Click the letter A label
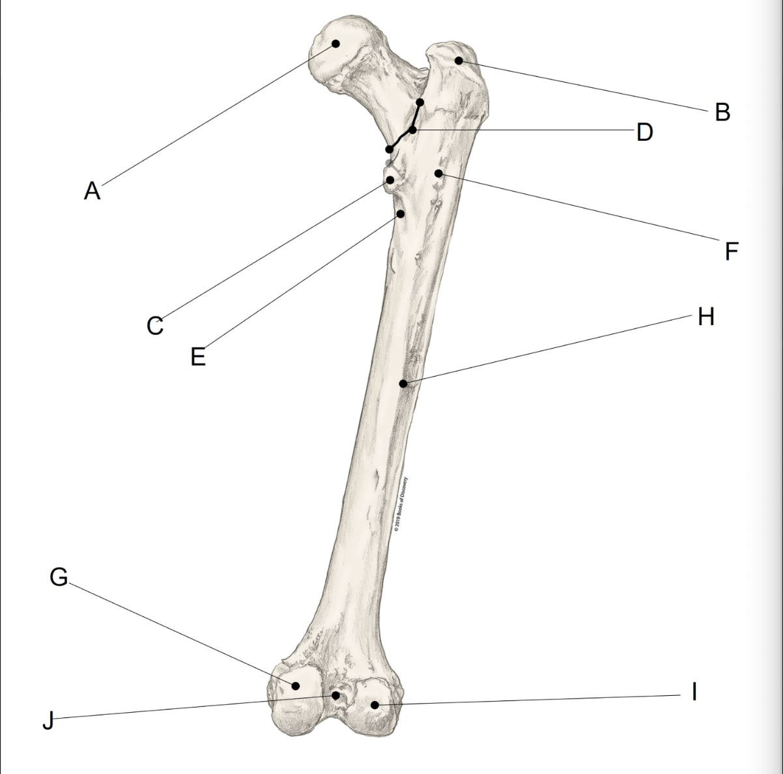tap(93, 191)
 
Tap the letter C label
tap(155, 325)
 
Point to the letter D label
tap(644, 132)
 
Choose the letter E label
tap(198, 356)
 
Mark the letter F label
tap(732, 251)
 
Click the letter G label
tap(59, 577)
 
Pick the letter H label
tap(706, 317)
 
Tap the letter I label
tap(694, 691)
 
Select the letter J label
tap(47, 721)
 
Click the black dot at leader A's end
tap(336, 44)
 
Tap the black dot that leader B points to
tap(459, 61)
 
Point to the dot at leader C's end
tap(390, 180)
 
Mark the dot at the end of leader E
tap(401, 213)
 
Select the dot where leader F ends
tap(439, 173)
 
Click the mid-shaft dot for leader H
tap(404, 383)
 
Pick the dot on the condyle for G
tap(295, 685)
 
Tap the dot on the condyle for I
tap(375, 704)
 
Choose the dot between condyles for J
tap(336, 695)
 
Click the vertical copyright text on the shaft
tap(401, 506)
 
